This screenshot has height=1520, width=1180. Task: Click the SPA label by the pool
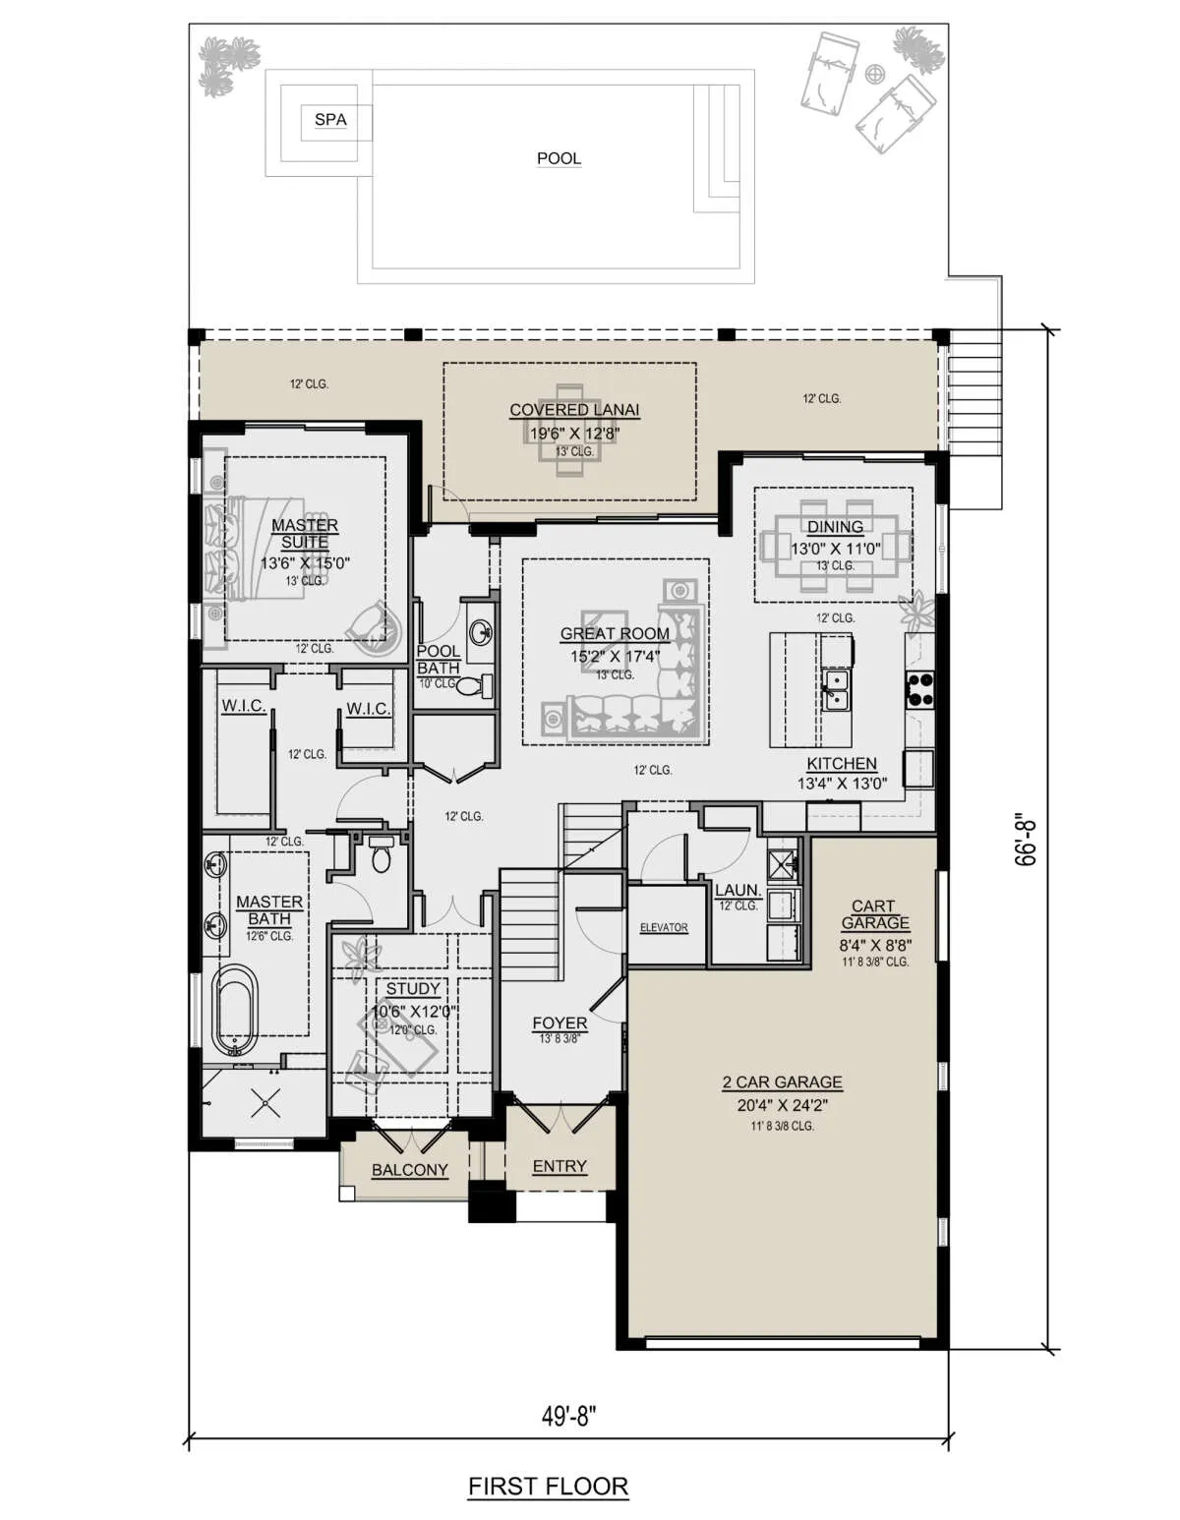coord(330,120)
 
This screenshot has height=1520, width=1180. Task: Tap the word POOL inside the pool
coord(559,159)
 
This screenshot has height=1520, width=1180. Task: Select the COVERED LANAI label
coord(573,410)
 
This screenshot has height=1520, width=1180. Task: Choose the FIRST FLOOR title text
coord(548,1487)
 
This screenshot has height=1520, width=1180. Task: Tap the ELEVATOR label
coord(664,927)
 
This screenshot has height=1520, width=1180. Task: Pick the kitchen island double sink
coord(835,689)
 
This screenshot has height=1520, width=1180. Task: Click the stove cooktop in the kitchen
coord(919,687)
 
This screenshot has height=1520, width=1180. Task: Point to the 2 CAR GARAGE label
coord(782,1082)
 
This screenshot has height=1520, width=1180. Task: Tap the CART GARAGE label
coord(874,914)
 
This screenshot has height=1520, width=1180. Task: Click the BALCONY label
coord(409,1170)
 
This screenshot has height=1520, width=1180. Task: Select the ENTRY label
coord(560,1166)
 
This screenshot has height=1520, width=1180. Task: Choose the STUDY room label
coord(413,988)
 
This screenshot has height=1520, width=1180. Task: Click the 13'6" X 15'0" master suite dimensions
coord(304,563)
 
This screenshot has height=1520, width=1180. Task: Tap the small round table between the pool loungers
coord(874,73)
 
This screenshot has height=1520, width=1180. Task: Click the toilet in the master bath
coord(380,854)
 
